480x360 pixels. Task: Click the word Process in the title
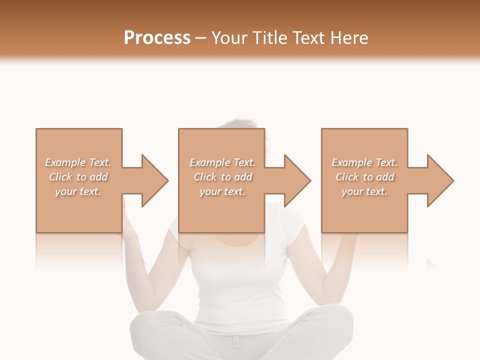click(x=157, y=38)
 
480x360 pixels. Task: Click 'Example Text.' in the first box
click(x=78, y=162)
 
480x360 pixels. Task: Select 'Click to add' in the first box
click(x=78, y=177)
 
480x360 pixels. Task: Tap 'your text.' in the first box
click(x=78, y=191)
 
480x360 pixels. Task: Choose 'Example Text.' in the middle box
click(x=222, y=162)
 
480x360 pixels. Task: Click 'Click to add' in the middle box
click(x=222, y=177)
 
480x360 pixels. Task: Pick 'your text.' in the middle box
click(x=222, y=191)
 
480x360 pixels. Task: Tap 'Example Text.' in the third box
click(x=364, y=162)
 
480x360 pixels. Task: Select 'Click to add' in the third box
click(x=365, y=177)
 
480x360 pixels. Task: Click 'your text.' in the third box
click(x=364, y=191)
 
